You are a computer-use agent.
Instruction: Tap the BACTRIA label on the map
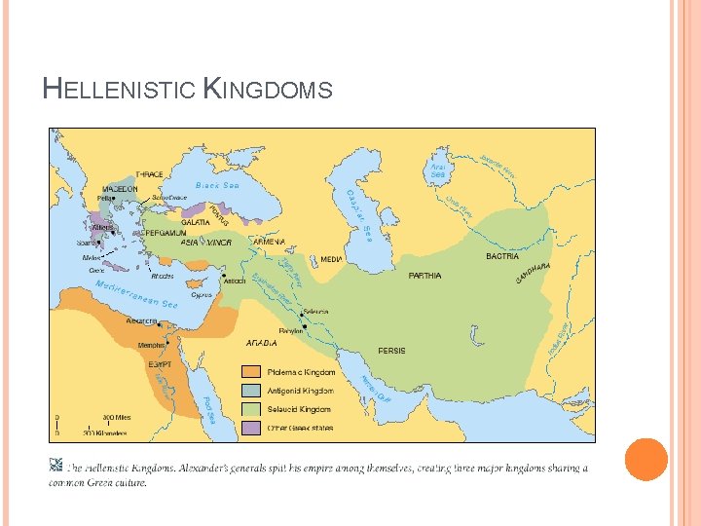(x=502, y=256)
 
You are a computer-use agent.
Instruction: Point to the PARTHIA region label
(x=424, y=276)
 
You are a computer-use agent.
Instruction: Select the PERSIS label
(x=392, y=351)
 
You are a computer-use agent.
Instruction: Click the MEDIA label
(x=332, y=260)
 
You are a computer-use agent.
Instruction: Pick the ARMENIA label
(x=268, y=242)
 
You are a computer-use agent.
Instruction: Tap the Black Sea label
(x=217, y=185)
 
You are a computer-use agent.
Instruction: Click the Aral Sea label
(x=438, y=170)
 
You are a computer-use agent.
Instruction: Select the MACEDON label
(x=120, y=189)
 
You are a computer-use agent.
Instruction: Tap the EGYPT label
(x=160, y=364)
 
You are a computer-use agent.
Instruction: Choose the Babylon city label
(x=291, y=331)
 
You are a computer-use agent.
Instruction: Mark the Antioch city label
(x=235, y=282)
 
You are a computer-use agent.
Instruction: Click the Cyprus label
(x=203, y=294)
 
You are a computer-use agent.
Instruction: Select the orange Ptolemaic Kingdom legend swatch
(x=251, y=372)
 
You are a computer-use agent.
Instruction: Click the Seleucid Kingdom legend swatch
(x=251, y=409)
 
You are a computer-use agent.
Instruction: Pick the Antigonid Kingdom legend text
(x=301, y=391)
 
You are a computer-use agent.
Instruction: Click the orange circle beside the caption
(x=646, y=459)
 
